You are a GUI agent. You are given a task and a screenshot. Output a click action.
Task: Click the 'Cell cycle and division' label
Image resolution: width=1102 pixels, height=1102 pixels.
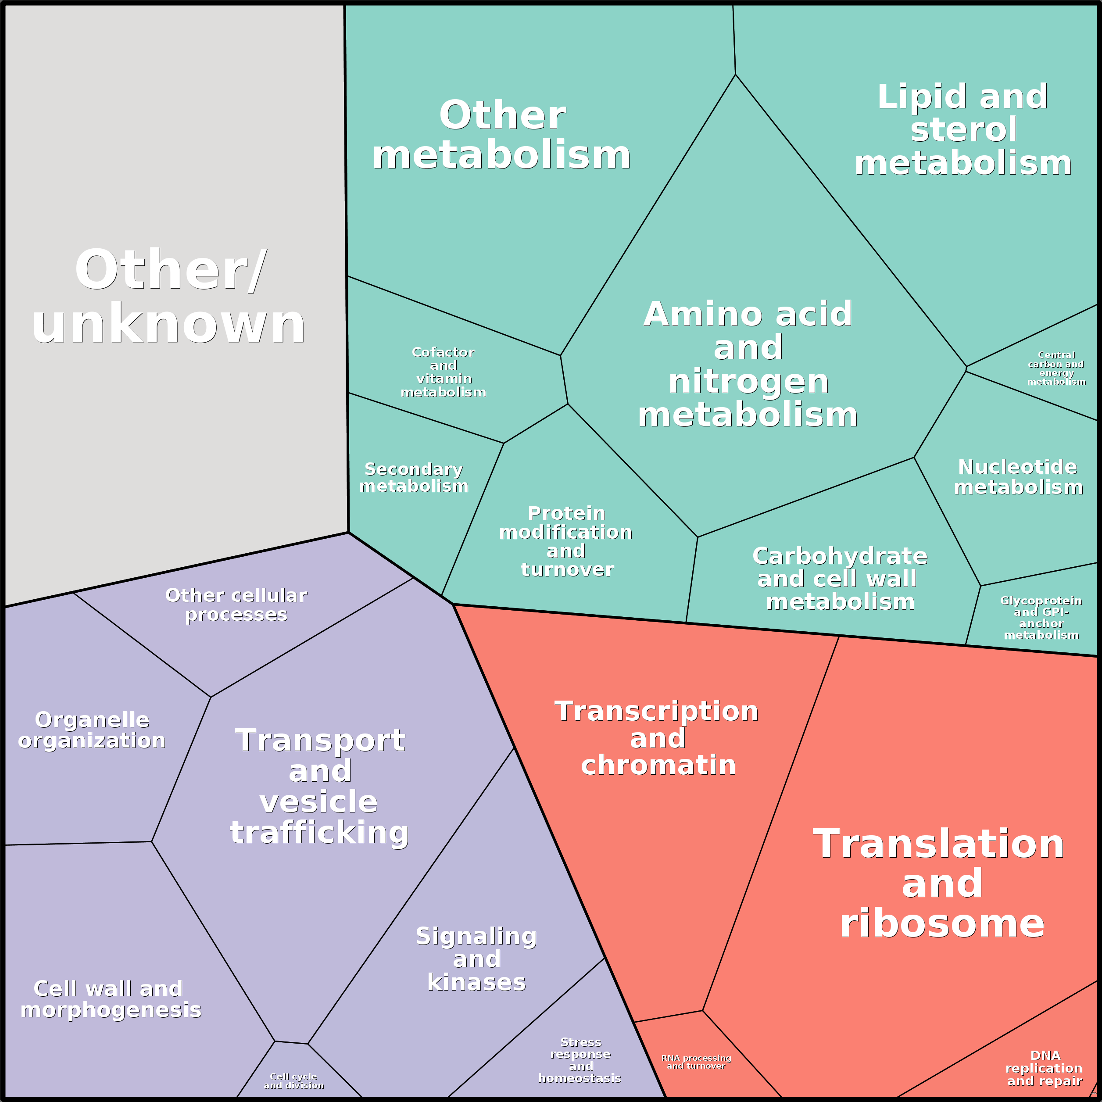click(294, 1081)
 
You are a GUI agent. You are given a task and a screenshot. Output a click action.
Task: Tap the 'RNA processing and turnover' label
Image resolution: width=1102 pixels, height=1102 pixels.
click(696, 1062)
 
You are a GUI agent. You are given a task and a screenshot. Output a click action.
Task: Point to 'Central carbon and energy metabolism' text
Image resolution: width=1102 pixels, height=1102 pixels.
click(1056, 368)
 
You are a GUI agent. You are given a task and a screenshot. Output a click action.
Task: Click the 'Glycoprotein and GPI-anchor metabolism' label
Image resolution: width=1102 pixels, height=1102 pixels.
click(1041, 617)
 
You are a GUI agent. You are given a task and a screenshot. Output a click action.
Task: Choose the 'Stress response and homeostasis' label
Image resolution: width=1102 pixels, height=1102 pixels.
click(580, 1060)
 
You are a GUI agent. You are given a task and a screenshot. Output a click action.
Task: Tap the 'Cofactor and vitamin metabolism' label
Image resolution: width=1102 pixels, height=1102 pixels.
click(443, 372)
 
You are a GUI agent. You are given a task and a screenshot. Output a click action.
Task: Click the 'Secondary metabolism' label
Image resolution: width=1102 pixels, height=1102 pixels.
click(414, 477)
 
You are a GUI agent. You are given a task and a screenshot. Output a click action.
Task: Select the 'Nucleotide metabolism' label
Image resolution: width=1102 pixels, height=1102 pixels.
click(1018, 477)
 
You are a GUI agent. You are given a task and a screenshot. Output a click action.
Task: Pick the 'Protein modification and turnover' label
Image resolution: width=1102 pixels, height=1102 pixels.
click(566, 541)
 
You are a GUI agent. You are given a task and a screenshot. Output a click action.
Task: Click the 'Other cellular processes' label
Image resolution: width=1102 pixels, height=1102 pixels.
click(236, 605)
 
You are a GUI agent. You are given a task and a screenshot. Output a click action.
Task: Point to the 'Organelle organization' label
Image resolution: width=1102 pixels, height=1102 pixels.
click(92, 730)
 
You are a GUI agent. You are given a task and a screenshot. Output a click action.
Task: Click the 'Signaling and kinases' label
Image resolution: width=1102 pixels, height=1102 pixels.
click(476, 959)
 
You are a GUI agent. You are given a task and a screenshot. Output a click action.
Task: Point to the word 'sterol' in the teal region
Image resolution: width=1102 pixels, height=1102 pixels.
click(963, 129)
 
